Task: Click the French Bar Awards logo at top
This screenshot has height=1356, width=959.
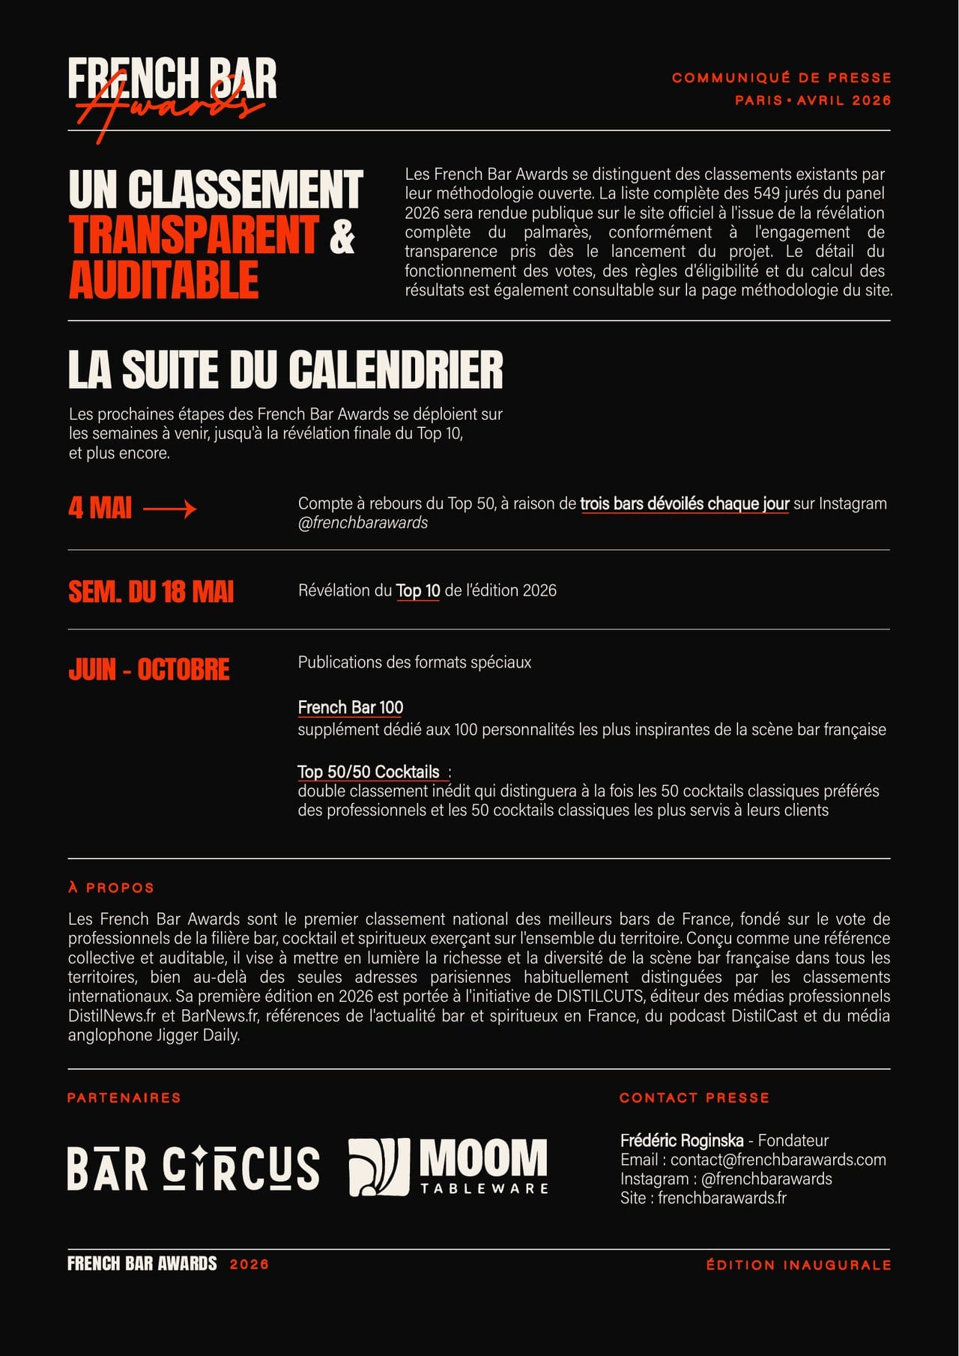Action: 172,94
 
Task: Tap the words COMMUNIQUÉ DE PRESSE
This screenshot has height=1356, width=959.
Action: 781,78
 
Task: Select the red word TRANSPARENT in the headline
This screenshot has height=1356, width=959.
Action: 194,234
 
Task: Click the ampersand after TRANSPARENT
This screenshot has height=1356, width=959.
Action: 342,234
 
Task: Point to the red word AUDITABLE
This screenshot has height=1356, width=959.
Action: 164,280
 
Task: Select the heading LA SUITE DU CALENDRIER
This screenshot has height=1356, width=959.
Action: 285,369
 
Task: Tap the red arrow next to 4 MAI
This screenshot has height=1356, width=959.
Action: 169,509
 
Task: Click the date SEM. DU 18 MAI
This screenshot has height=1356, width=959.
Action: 151,592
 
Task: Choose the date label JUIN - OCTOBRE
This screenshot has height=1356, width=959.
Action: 149,670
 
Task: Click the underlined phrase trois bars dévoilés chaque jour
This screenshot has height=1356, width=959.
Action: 684,503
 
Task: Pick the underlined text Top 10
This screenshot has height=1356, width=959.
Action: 417,590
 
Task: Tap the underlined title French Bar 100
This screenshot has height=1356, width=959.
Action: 351,707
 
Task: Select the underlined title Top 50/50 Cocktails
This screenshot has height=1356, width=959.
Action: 369,772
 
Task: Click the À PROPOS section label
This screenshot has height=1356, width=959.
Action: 111,888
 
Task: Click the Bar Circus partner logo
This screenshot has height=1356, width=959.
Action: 193,1167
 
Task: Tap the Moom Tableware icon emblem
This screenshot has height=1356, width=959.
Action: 379,1167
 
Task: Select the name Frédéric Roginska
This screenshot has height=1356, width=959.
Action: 682,1140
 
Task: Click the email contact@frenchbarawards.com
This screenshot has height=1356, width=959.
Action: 778,1160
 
